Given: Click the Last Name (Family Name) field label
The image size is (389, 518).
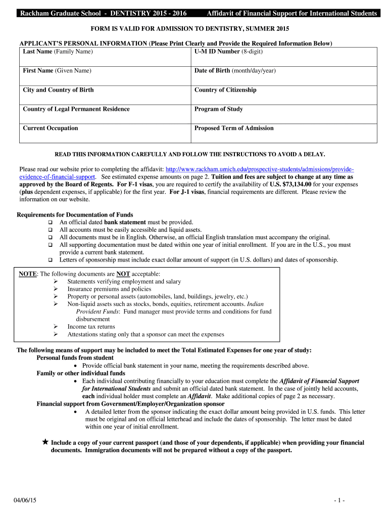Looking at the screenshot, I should point(58,52).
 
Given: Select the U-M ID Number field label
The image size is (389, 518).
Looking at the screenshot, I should point(228,52).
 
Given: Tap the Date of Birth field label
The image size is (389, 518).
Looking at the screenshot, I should point(235,71).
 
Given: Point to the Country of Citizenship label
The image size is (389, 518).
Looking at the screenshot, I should point(225,90).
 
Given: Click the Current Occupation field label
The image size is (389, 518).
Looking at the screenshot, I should point(51,128).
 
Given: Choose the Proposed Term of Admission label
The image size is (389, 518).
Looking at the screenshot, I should point(234,128).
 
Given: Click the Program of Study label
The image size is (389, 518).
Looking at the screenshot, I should point(219,109).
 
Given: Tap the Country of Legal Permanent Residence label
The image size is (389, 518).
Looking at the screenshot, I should point(76,109).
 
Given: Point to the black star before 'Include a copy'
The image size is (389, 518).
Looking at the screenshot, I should point(45,442).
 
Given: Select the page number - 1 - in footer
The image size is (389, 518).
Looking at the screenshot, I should point(339,500).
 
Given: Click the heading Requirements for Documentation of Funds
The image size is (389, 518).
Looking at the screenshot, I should point(75,215).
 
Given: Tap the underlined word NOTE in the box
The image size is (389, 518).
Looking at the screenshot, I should point(27,274).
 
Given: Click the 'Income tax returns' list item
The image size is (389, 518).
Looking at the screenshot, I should point(91,327).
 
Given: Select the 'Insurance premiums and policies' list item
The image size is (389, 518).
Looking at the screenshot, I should point(109,289).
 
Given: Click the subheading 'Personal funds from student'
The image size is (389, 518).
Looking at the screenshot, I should point(75,358).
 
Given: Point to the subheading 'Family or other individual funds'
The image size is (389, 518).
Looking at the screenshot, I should point(81,373).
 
